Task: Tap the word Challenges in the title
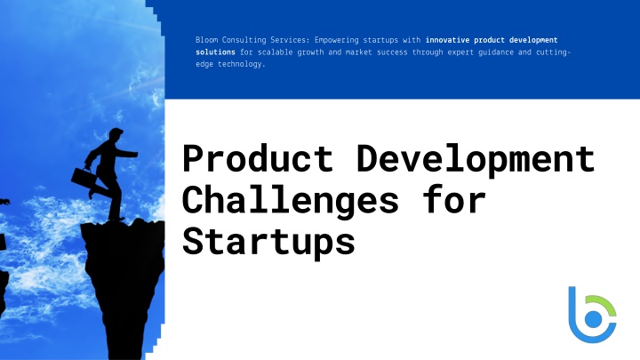pos(290,200)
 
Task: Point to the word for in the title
pos(454,199)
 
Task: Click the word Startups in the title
pos(268,241)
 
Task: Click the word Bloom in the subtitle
pos(206,40)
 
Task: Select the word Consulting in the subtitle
pos(244,40)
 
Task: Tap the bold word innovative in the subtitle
pos(447,40)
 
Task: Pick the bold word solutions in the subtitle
pos(215,52)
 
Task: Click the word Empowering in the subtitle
pos(337,40)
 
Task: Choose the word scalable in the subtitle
pos(275,52)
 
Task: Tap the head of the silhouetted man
pos(115,134)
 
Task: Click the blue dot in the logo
pos(593,320)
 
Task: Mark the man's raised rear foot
pos(92,193)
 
